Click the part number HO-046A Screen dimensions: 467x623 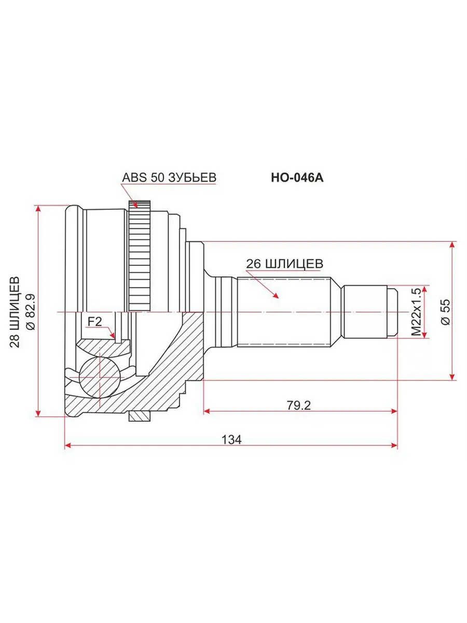[x=297, y=178]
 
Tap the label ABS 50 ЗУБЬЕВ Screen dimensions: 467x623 [x=169, y=178]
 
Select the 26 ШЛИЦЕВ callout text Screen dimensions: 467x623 [x=284, y=264]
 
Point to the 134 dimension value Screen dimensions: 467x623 [x=231, y=440]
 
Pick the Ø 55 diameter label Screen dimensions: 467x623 [x=445, y=311]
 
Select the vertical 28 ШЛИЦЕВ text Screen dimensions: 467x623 [x=15, y=312]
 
